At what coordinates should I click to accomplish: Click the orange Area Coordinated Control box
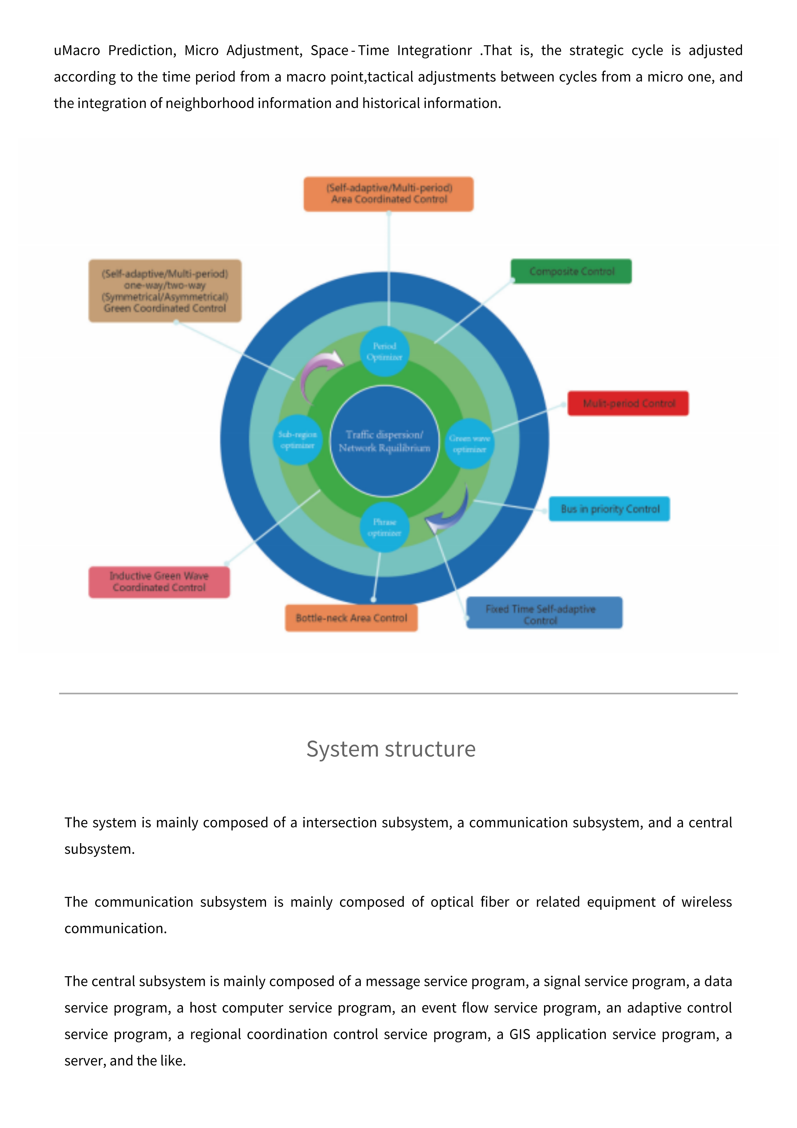tap(389, 194)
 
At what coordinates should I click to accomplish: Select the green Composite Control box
tap(571, 271)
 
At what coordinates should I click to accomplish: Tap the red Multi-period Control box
tap(628, 403)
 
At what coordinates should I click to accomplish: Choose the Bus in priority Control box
tap(609, 509)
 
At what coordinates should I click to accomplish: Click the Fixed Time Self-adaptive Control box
tap(544, 613)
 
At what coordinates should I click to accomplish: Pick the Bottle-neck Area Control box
tap(351, 618)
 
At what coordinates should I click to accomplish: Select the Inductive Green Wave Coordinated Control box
tap(159, 582)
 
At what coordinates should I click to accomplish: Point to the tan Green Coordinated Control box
tap(165, 291)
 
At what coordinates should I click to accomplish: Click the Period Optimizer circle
tap(384, 351)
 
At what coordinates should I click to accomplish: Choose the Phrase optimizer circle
tap(384, 527)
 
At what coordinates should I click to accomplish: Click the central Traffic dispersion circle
tap(384, 441)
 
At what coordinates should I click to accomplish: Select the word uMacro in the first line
tap(76, 50)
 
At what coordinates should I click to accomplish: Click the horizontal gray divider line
tap(398, 693)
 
